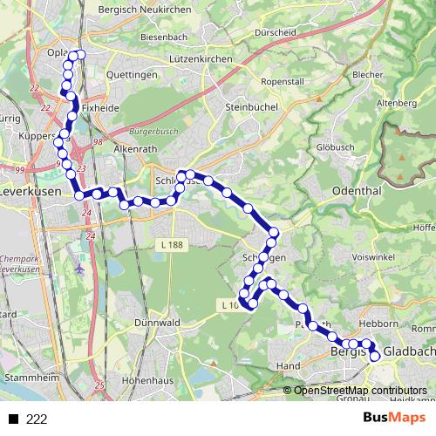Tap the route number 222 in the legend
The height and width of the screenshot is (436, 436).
36,419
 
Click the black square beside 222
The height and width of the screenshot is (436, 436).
13,419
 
